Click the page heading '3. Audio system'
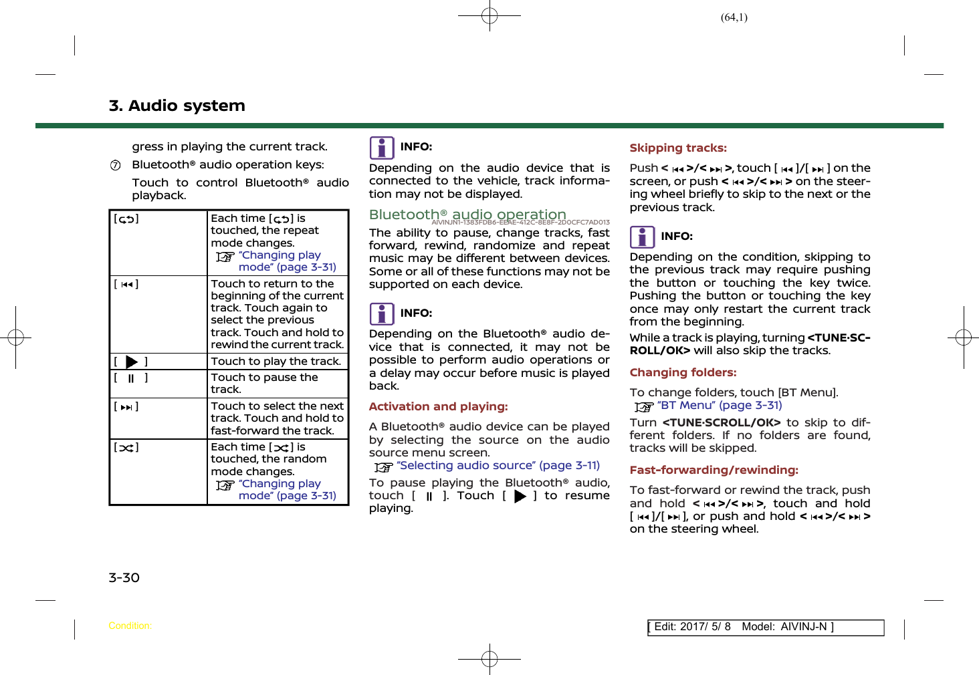pos(177,106)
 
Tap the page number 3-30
pos(124,577)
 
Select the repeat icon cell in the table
pos(126,219)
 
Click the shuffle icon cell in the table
pos(126,448)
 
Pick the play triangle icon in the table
pos(132,362)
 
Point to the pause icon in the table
pos(131,378)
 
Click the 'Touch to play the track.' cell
pos(276,362)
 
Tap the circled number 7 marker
pos(116,166)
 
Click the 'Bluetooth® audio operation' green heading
pos(467,215)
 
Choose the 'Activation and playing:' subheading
pos(438,406)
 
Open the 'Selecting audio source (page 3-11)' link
pos(498,465)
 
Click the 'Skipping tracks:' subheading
pos(678,148)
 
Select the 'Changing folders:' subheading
pos(683,372)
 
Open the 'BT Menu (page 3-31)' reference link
pos(719,405)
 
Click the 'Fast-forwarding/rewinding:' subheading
pos(714,470)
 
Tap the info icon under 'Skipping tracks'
pos(642,237)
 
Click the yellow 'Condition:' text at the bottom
pos(130,626)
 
